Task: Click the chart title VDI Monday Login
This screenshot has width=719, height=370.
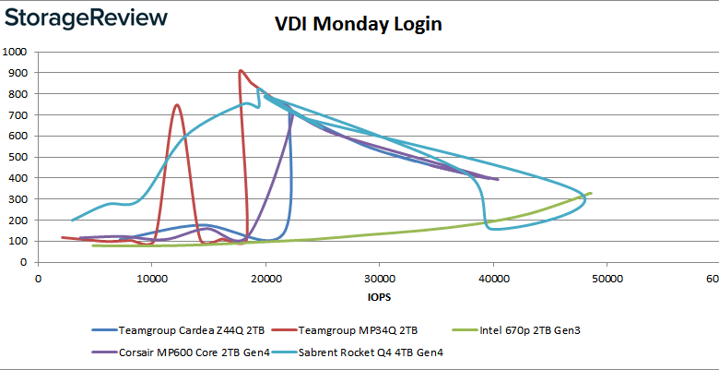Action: tap(359, 24)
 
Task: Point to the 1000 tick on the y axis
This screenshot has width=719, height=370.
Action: tap(17, 52)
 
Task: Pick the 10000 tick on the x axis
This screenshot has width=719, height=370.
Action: tap(151, 276)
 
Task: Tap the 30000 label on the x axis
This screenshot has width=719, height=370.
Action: tap(379, 276)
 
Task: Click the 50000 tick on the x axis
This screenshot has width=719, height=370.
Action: tap(607, 276)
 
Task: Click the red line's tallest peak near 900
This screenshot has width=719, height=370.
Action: tap(241, 71)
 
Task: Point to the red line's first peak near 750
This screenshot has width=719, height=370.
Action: tap(176, 105)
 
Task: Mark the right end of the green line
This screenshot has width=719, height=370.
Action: tap(590, 193)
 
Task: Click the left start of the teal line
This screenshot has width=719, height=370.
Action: tap(73, 220)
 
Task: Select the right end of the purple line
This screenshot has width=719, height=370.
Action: tap(498, 179)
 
